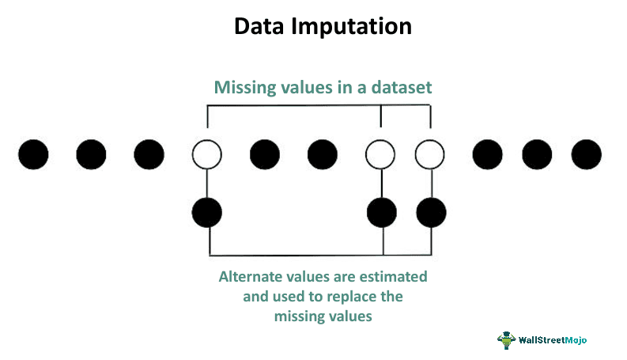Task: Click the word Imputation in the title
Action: [x=352, y=27]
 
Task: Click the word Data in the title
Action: [x=259, y=26]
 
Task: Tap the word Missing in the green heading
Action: [x=245, y=88]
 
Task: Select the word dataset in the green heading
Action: [x=402, y=87]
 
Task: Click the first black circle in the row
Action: [x=33, y=154]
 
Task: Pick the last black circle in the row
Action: [x=586, y=154]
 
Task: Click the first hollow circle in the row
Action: [x=206, y=154]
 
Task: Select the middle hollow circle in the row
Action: [x=380, y=154]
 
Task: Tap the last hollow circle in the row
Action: [x=430, y=154]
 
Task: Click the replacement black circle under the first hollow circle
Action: [x=206, y=212]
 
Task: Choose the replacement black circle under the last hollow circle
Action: [x=431, y=212]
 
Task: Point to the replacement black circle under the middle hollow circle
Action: [x=382, y=212]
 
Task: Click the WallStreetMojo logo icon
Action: [x=506, y=340]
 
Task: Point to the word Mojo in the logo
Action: [x=576, y=340]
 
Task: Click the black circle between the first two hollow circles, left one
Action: [x=265, y=154]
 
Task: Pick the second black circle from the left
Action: [x=91, y=154]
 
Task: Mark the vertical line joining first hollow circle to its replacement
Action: [x=206, y=184]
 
